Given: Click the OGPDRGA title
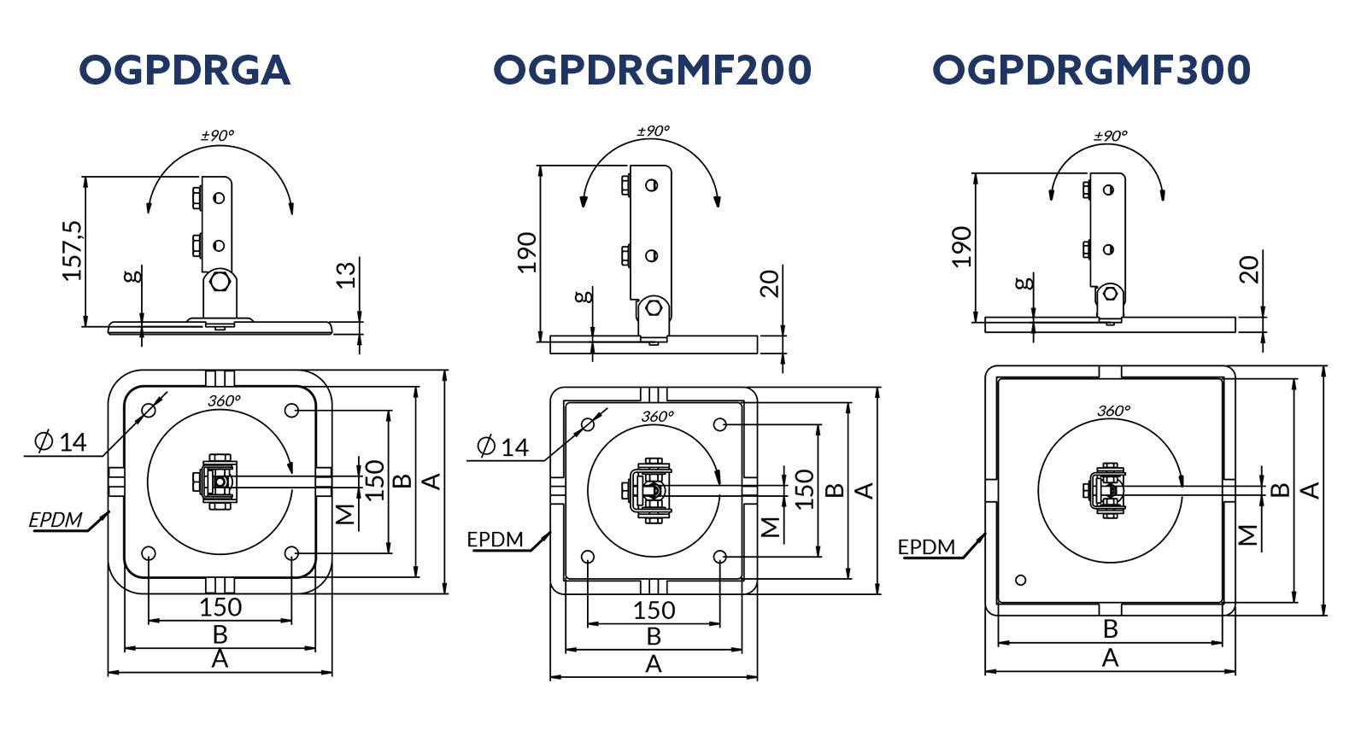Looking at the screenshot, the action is [x=185, y=70].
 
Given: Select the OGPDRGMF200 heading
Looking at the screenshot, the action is [x=652, y=70].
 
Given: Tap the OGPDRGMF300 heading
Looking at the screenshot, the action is [x=1091, y=70].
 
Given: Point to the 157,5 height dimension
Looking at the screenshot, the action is [x=72, y=251].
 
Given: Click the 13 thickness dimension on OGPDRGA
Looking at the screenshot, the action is [x=346, y=275].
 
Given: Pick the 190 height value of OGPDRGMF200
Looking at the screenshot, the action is [x=526, y=253].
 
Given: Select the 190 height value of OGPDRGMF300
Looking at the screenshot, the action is [x=962, y=247].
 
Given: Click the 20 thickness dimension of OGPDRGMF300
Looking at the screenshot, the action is [x=1249, y=270].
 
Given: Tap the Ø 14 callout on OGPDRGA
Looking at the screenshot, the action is [x=61, y=441].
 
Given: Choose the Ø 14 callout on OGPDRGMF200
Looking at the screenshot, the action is [x=502, y=447].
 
